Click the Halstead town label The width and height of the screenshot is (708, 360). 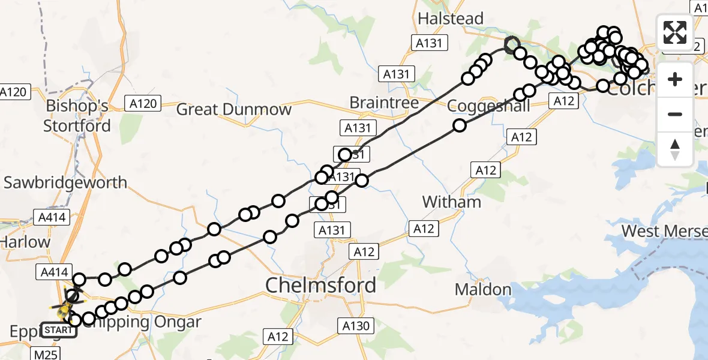451,19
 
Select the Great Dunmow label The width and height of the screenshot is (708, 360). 233,109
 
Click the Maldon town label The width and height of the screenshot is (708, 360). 483,290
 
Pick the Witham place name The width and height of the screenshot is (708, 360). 452,202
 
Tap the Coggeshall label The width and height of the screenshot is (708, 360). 489,106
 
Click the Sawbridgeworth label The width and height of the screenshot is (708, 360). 65,182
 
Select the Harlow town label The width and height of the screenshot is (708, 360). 25,242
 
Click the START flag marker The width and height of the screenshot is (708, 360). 59,330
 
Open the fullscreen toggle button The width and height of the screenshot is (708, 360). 675,32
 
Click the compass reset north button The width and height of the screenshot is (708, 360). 675,149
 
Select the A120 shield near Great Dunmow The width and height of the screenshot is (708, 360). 143,104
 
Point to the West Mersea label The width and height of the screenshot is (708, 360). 664,231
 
